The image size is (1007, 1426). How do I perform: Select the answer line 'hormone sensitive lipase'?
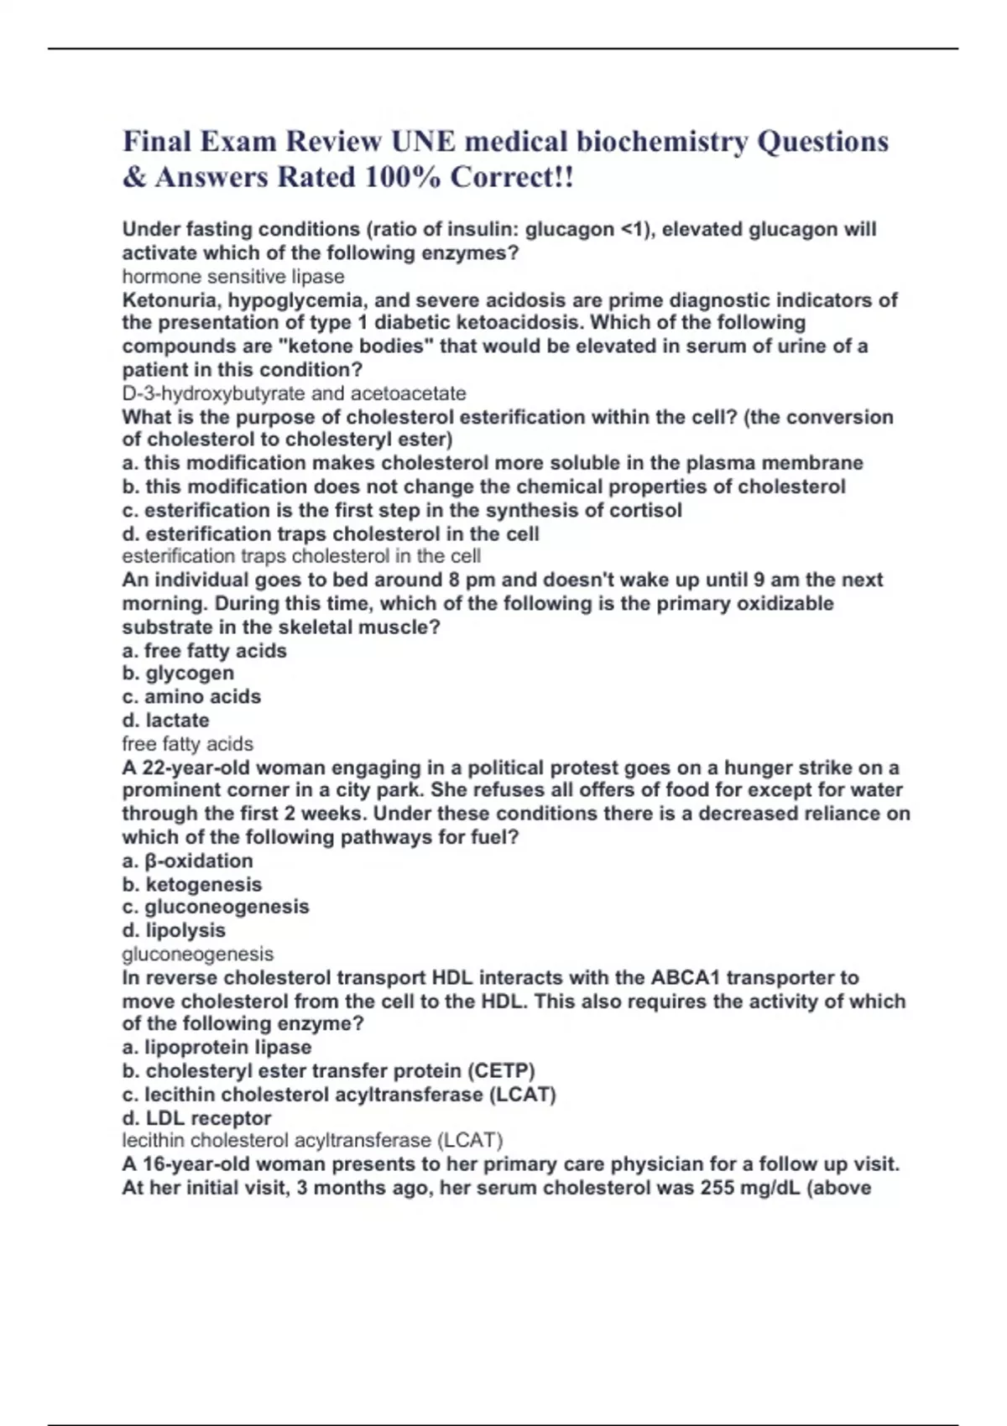233,277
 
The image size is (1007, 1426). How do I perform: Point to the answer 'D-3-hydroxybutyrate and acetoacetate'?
294,393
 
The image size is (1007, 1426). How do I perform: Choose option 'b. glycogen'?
178,674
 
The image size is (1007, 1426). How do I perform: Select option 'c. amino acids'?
191,697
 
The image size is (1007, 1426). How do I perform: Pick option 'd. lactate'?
165,721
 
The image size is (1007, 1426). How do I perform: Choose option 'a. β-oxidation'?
187,861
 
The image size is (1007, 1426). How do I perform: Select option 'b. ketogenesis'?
191,885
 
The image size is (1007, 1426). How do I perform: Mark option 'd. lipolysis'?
174,931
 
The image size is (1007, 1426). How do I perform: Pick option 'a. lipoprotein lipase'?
217,1048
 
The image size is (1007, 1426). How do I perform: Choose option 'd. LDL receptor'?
196,1118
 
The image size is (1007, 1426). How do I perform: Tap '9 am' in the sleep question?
772,580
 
